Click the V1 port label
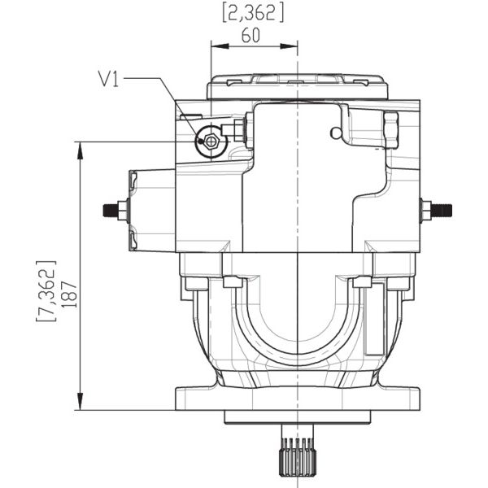(108, 79)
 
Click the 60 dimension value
(251, 36)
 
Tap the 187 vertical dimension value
(69, 294)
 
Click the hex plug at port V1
(211, 142)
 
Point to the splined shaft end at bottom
(298, 457)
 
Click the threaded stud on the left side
(111, 210)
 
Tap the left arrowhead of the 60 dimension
(220, 46)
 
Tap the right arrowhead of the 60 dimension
(289, 46)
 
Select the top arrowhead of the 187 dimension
(81, 150)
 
